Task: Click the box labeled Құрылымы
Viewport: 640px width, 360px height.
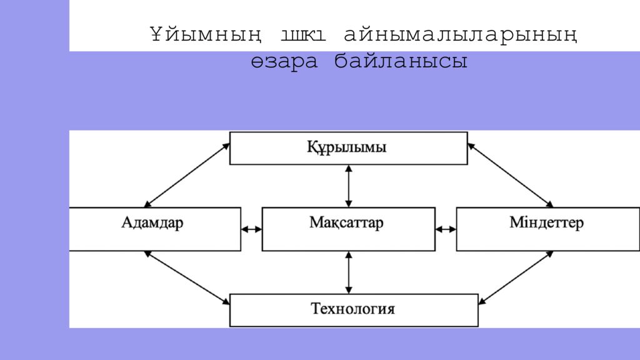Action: (348, 148)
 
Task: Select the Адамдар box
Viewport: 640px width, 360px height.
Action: (154, 229)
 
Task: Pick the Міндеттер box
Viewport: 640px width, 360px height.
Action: (547, 229)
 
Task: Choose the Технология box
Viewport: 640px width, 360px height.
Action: (354, 309)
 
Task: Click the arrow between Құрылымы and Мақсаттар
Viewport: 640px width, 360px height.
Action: (349, 186)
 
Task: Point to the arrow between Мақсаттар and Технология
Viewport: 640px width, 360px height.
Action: (349, 272)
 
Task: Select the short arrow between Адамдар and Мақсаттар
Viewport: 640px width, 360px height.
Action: (251, 229)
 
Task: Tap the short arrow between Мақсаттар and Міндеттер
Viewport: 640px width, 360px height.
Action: (446, 229)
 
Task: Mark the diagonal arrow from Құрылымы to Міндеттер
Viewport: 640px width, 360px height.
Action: (510, 175)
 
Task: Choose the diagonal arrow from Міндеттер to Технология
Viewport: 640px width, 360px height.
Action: (516, 277)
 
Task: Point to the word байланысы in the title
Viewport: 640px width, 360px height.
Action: (401, 61)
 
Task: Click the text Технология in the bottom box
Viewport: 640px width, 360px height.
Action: (353, 309)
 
